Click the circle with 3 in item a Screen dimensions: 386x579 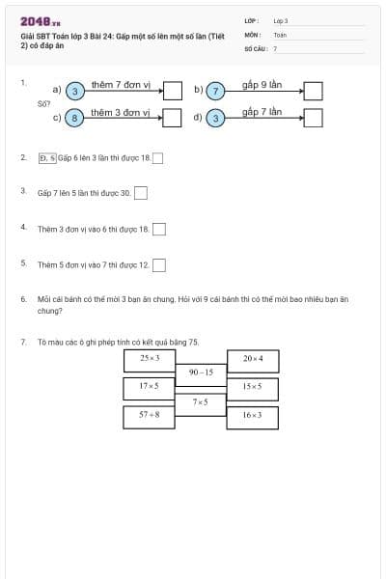click(x=75, y=91)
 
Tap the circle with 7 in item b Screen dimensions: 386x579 click(x=216, y=91)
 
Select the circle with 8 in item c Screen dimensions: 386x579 click(x=75, y=119)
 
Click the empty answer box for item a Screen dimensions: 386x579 click(x=172, y=91)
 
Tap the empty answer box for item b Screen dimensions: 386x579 click(x=313, y=91)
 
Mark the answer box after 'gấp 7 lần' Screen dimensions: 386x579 click(x=313, y=119)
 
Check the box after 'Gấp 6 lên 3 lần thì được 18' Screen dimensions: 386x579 click(x=158, y=158)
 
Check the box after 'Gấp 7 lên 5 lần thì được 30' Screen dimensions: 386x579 click(x=141, y=193)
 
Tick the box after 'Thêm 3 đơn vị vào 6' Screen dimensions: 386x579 click(x=159, y=229)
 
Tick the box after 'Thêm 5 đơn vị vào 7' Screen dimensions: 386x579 click(x=159, y=264)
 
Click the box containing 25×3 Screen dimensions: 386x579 click(x=149, y=359)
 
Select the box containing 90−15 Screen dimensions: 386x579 click(x=201, y=372)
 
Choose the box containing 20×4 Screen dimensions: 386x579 click(x=252, y=359)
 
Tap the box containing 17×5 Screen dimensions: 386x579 click(x=149, y=387)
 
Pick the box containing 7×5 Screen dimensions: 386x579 click(x=201, y=401)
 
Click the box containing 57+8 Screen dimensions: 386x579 click(x=149, y=416)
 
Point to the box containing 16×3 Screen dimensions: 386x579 click(x=252, y=416)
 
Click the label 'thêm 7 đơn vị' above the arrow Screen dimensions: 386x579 click(x=120, y=85)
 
